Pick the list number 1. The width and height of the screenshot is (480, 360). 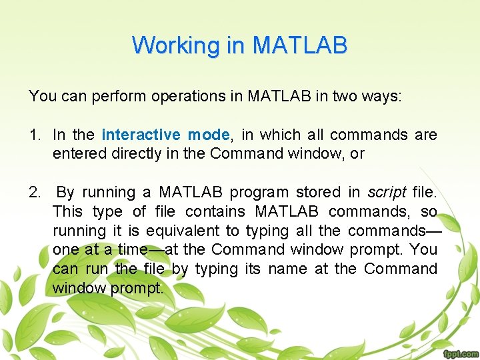[34, 135]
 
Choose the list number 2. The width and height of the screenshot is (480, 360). [34, 193]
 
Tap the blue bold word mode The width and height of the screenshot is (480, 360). [208, 135]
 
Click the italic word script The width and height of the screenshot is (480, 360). [387, 193]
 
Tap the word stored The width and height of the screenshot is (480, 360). [318, 193]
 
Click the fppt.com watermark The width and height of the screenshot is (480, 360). [459, 353]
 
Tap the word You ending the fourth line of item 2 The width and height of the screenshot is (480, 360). [424, 250]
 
